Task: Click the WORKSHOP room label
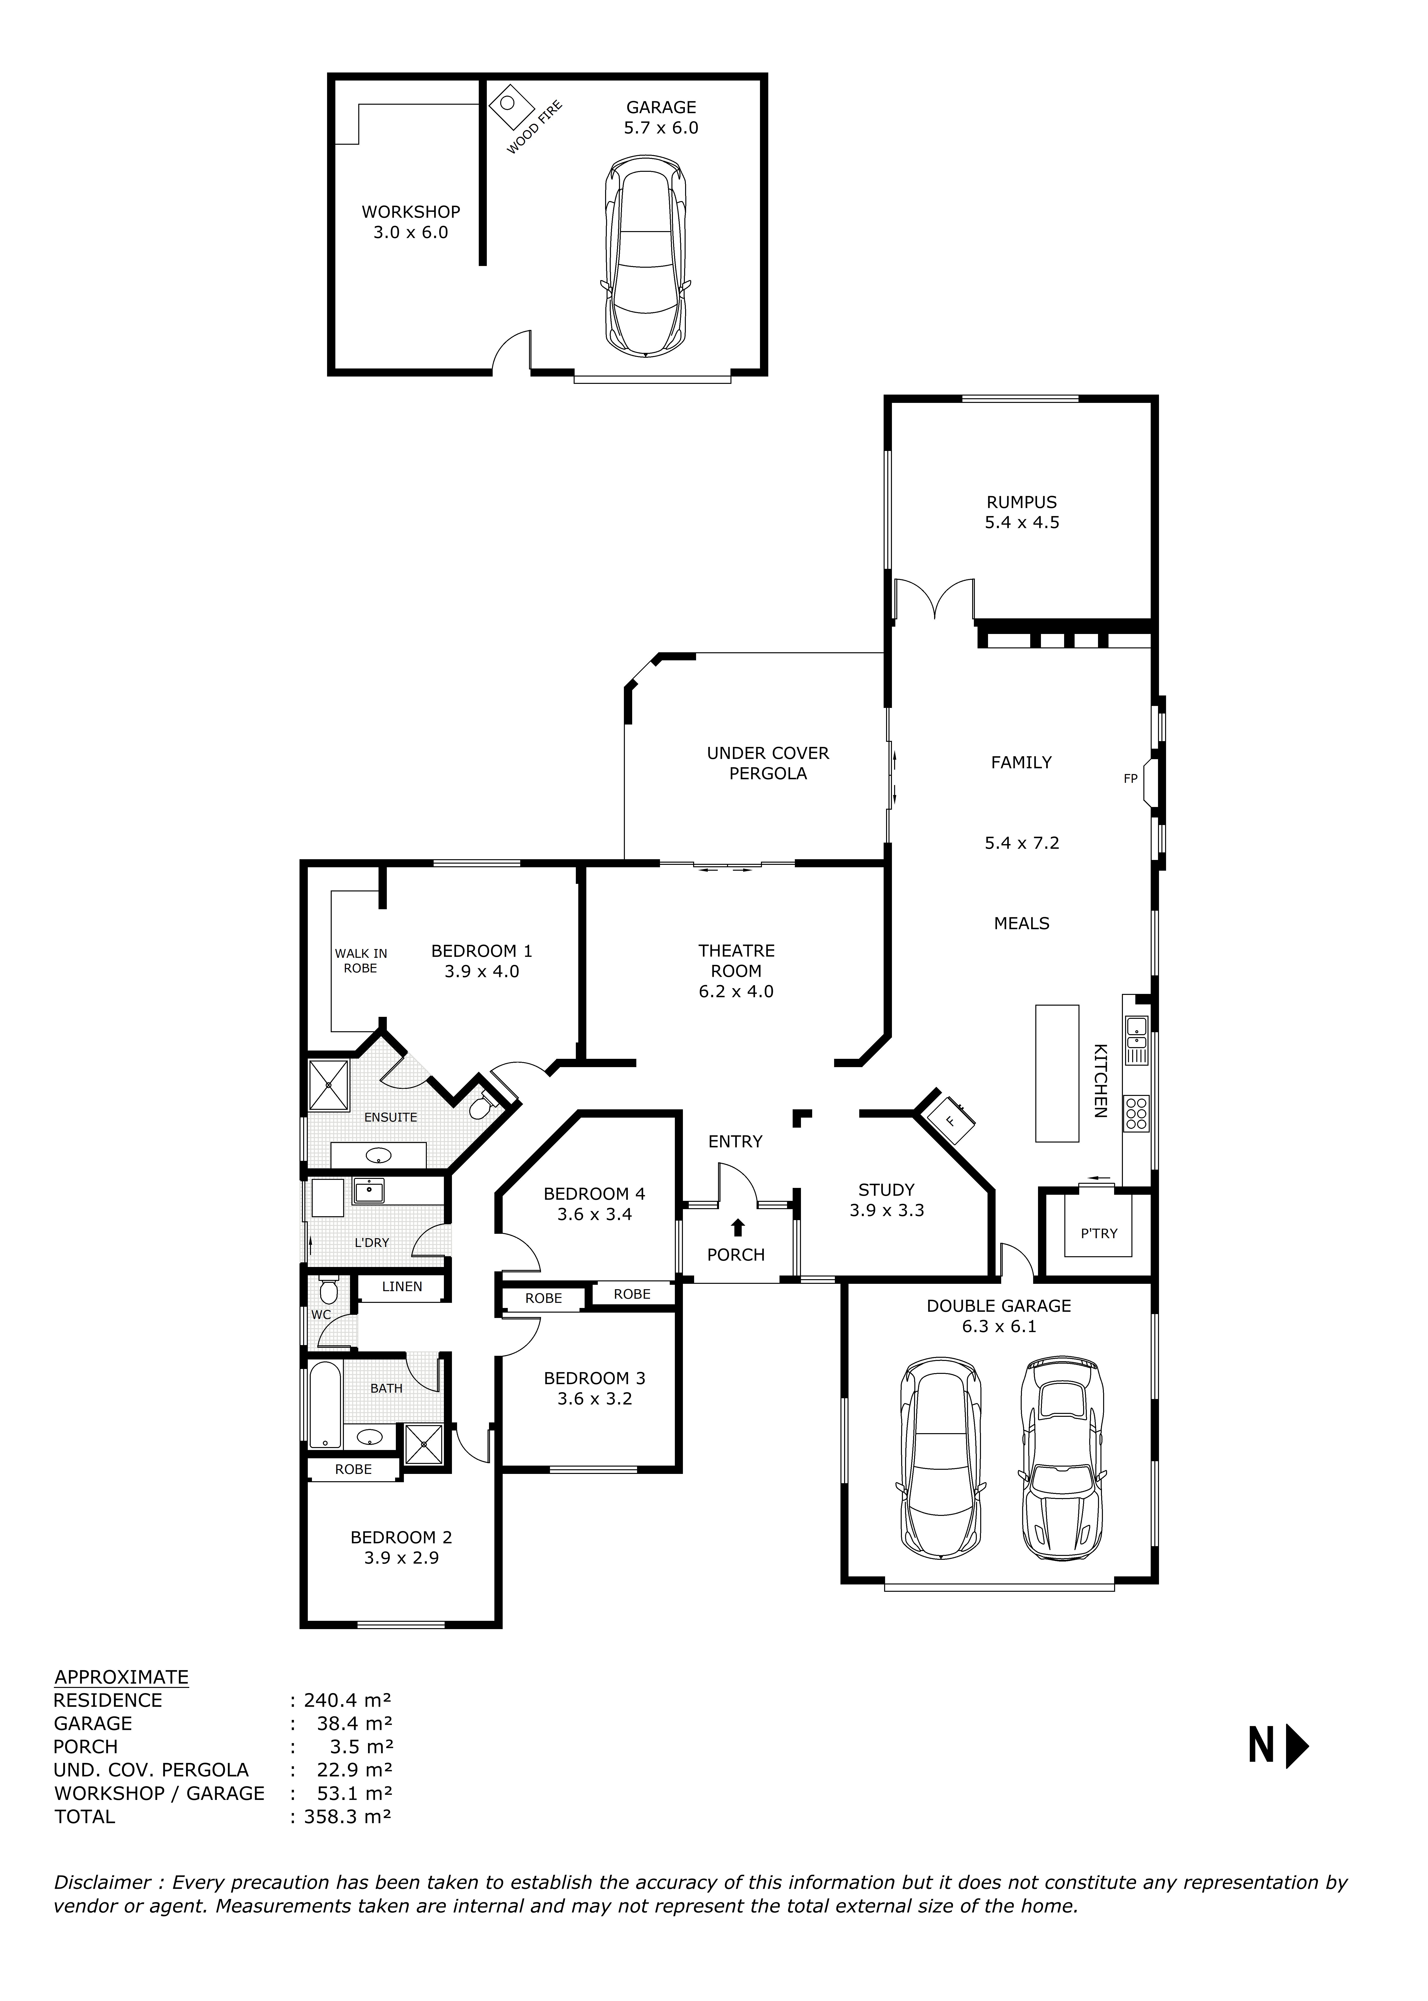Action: [411, 212]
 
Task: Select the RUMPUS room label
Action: [1021, 502]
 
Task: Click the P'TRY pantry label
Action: [1098, 1233]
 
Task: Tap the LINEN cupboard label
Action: [402, 1286]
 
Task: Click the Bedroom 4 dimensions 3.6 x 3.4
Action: [594, 1215]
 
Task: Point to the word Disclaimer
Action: [102, 1882]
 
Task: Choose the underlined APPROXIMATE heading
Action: [121, 1676]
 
